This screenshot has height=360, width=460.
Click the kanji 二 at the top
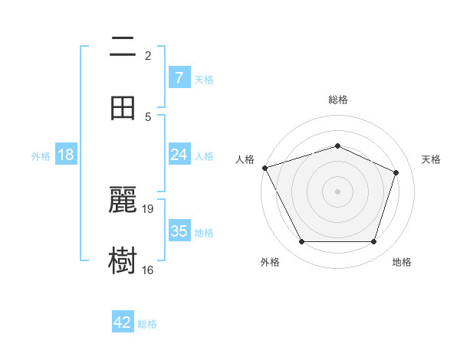pos(123,47)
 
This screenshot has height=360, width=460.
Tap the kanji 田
pos(123,108)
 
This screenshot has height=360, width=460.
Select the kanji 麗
pos(123,201)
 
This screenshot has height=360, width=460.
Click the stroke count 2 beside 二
pos(148,55)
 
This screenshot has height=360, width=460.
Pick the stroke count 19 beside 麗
pos(149,208)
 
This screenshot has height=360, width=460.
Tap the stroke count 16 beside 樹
pos(148,270)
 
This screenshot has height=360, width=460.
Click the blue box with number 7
pos(179,78)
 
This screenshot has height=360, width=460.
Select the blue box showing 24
pos(179,155)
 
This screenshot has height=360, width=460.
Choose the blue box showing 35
pos(179,231)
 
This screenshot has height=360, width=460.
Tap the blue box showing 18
pos(66,155)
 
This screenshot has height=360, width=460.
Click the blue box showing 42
pos(123,322)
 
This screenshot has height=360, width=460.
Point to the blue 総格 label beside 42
pos(147,324)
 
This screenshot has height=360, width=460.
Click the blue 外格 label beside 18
pos(41,156)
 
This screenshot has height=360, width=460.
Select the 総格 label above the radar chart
pos(337,100)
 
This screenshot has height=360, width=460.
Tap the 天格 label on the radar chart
pos(432,159)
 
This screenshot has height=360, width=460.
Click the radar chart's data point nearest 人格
pos(264,168)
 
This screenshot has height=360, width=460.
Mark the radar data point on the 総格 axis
pos(337,146)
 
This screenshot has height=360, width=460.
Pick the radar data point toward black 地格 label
pos(373,242)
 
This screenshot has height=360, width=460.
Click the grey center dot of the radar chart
pos(337,191)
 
